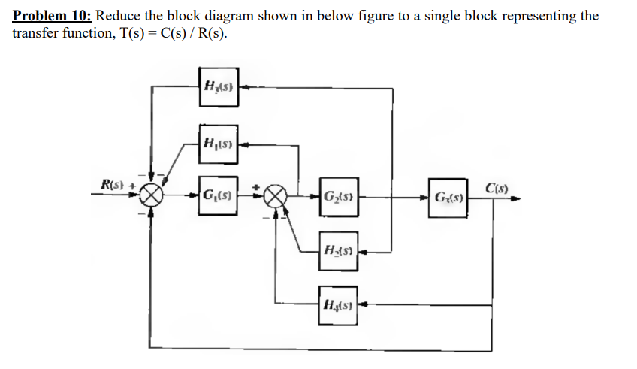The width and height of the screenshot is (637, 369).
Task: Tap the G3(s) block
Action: [x=448, y=198]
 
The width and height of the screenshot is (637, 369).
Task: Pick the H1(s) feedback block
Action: [x=219, y=143]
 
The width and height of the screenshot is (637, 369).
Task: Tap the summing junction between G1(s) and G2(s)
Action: [x=276, y=197]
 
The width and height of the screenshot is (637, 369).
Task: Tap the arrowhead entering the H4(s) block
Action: [x=361, y=304]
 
